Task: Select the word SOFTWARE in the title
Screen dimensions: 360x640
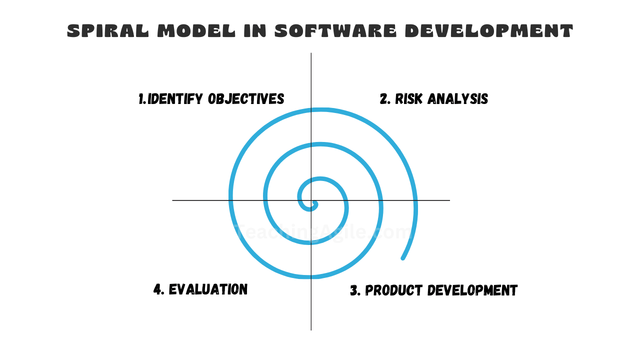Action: click(x=335, y=31)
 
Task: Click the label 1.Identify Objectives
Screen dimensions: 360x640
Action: click(x=211, y=99)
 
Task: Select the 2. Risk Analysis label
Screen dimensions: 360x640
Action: click(x=433, y=99)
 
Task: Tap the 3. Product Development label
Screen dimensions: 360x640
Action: click(x=433, y=290)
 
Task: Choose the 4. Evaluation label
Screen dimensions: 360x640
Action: click(x=200, y=289)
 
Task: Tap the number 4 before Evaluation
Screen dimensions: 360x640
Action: click(x=158, y=289)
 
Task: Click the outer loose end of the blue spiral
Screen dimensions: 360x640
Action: click(x=403, y=258)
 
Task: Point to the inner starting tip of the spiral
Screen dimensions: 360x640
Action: click(x=315, y=202)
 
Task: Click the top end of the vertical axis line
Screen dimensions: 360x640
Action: click(x=311, y=54)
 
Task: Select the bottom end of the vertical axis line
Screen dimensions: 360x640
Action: click(x=311, y=329)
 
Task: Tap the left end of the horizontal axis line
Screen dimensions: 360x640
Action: click(x=173, y=200)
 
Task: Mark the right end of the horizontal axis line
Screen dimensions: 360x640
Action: click(x=449, y=200)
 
